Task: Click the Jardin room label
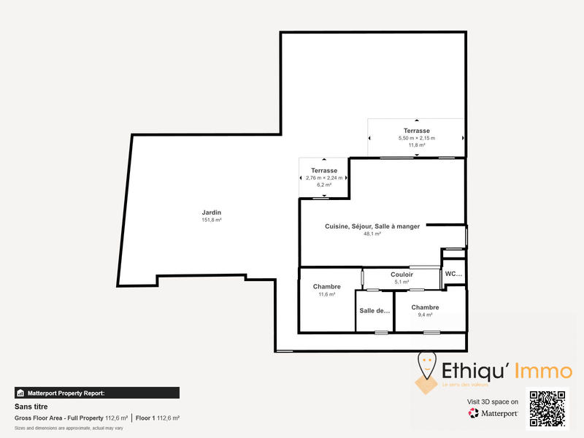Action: tap(212, 212)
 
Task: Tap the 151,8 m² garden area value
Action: tap(212, 220)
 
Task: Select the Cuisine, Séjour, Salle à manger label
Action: tap(372, 226)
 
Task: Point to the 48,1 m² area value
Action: tap(372, 234)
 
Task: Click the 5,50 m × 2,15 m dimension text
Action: tap(416, 138)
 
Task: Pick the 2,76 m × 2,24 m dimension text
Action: tap(323, 178)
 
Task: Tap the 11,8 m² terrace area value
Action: tap(416, 145)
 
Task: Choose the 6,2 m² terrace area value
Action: tap(323, 185)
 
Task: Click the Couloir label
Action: tap(401, 274)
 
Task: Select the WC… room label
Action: tap(453, 274)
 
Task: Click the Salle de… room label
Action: tap(374, 310)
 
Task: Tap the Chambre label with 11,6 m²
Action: tap(326, 287)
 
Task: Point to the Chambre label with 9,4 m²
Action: tap(425, 307)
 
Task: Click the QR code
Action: tap(547, 410)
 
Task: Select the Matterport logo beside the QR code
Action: tap(493, 413)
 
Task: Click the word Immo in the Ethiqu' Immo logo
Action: tap(542, 371)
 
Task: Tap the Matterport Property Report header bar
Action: tap(96, 393)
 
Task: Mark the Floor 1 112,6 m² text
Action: tap(158, 418)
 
